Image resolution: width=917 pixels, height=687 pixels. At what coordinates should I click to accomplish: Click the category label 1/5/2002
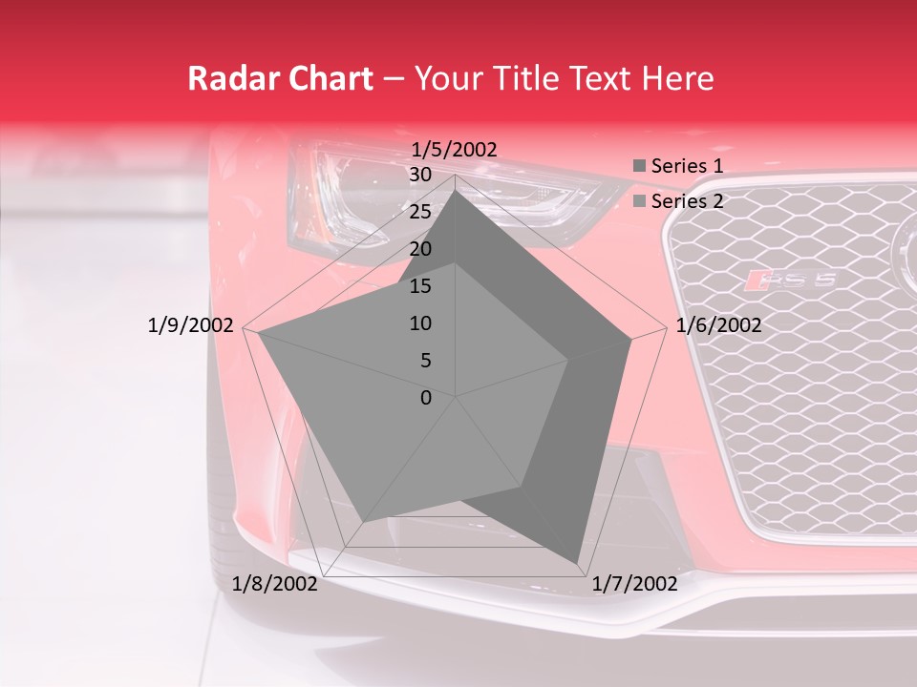pos(455,150)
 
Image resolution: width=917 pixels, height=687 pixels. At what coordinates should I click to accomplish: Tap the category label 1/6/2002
pos(718,325)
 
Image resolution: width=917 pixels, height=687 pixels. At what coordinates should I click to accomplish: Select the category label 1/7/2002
pos(634,584)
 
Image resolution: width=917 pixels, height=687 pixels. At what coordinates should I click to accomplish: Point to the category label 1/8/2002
pos(275,584)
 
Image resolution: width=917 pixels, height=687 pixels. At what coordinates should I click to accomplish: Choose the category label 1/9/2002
pos(191,325)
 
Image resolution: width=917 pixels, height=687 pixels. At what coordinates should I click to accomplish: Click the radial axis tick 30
pos(420,175)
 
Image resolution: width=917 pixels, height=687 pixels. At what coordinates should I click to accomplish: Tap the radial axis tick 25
pos(420,212)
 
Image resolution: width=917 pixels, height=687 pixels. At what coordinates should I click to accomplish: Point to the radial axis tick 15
pos(420,286)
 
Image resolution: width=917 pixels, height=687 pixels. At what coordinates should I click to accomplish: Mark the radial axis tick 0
pos(426,398)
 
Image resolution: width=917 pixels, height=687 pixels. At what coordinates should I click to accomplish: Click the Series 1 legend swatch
pos(639,167)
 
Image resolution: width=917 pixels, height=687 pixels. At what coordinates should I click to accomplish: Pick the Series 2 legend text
pos(687,201)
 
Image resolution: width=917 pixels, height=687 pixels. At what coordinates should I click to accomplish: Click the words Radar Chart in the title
pos(280,78)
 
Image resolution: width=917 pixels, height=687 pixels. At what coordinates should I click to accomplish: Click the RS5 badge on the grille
pos(792,281)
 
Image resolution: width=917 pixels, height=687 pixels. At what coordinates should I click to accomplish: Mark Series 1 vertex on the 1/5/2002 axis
pos(456,190)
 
